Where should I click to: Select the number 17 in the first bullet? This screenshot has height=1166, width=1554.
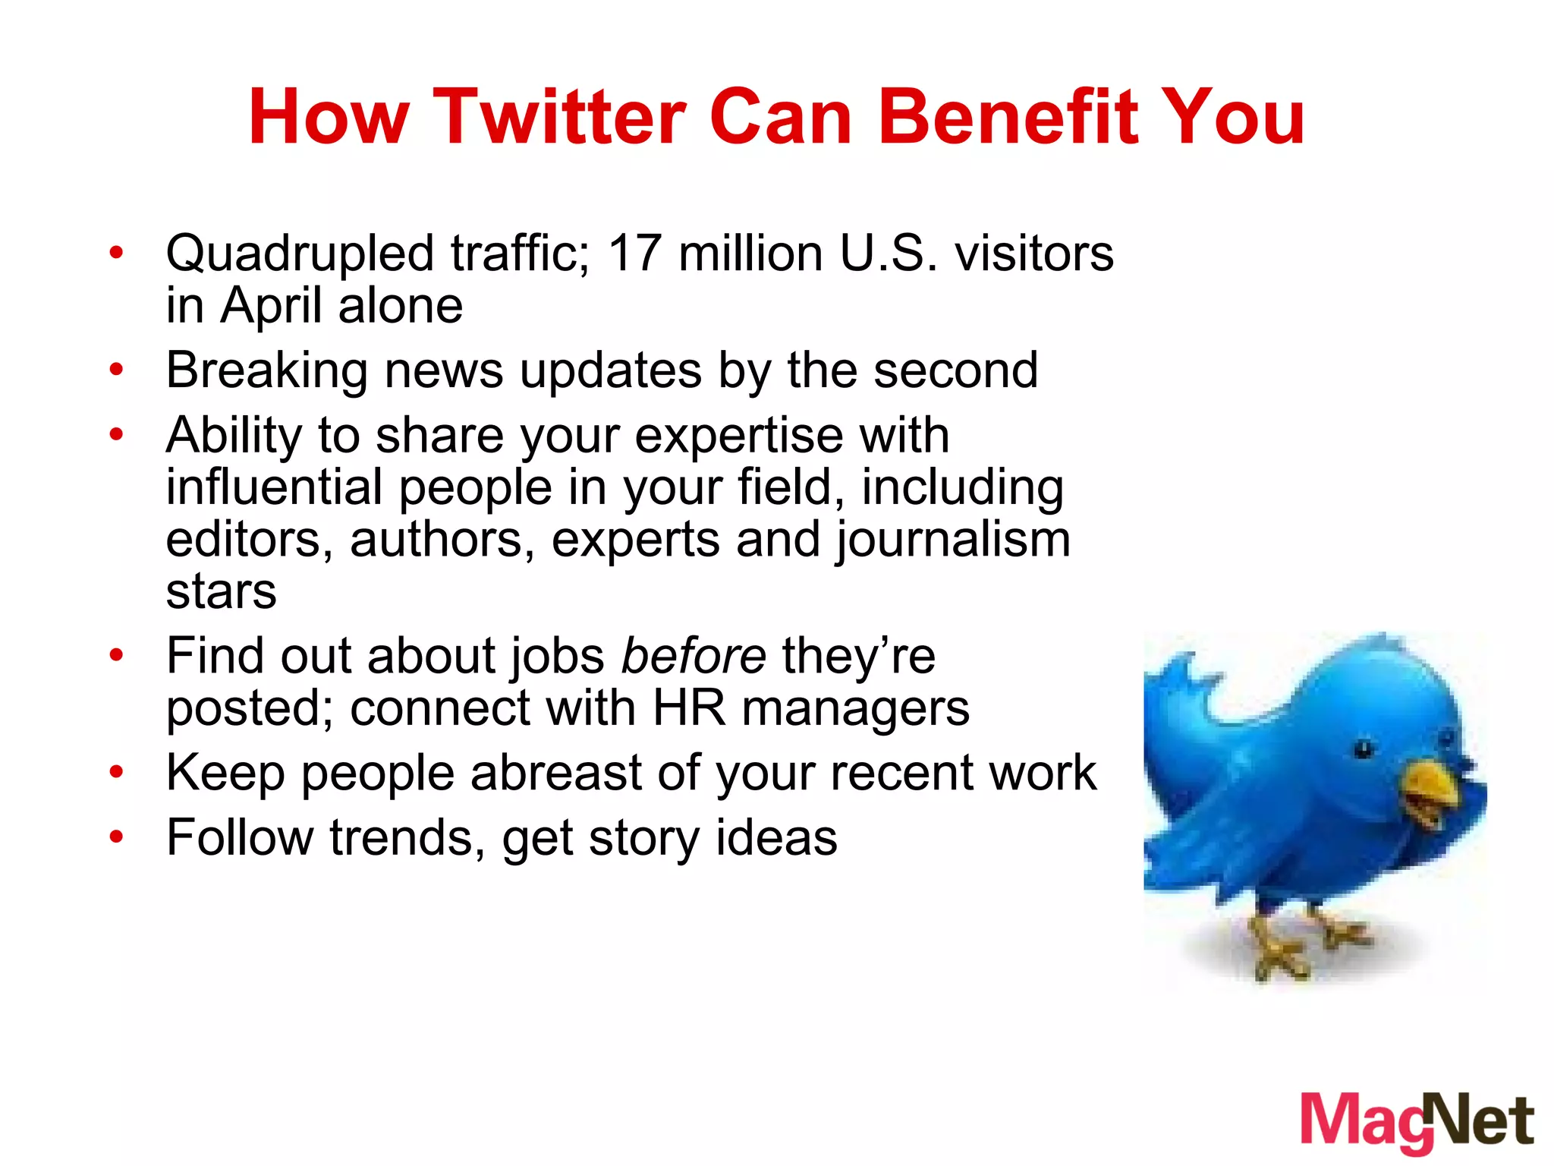(634, 253)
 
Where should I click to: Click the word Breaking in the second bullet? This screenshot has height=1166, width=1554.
(266, 371)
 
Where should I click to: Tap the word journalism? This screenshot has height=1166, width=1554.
(953, 540)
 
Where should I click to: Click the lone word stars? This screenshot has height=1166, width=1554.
(221, 591)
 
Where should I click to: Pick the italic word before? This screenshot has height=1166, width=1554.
(694, 656)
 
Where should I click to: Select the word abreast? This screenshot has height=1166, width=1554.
(556, 773)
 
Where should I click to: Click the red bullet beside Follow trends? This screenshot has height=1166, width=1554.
(115, 837)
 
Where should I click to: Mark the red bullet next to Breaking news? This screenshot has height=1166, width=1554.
(115, 370)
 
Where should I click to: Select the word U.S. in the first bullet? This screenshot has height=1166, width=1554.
(889, 253)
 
